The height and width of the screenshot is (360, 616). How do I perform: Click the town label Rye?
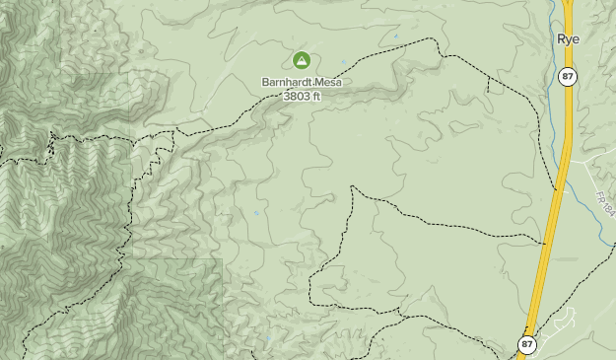568,39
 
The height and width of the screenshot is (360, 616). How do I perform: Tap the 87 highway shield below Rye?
567,76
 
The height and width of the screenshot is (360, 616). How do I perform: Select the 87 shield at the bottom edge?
527,344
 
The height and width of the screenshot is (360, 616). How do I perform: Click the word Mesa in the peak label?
328,82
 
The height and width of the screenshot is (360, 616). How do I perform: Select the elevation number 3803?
296,96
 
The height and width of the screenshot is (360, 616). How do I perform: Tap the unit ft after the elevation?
315,96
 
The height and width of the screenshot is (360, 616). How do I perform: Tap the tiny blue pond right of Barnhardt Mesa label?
395,38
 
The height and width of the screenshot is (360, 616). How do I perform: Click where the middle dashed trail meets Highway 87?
544,242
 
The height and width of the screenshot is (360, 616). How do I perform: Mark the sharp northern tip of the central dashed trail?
352,186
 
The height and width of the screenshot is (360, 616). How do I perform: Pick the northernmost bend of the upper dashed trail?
431,39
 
